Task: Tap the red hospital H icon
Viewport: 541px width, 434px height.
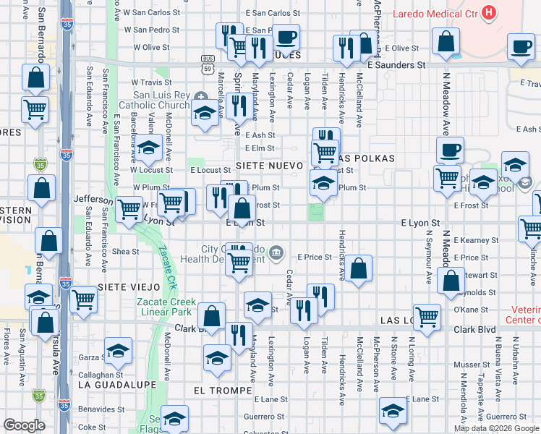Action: coord(490,12)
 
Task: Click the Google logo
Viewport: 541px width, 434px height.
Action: coord(24,425)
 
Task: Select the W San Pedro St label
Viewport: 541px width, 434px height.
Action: coord(151,30)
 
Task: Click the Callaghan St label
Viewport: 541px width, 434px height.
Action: coord(101,375)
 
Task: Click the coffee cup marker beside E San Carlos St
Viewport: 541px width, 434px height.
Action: coord(286,38)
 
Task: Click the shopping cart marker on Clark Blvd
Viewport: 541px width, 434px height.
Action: coord(427,316)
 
